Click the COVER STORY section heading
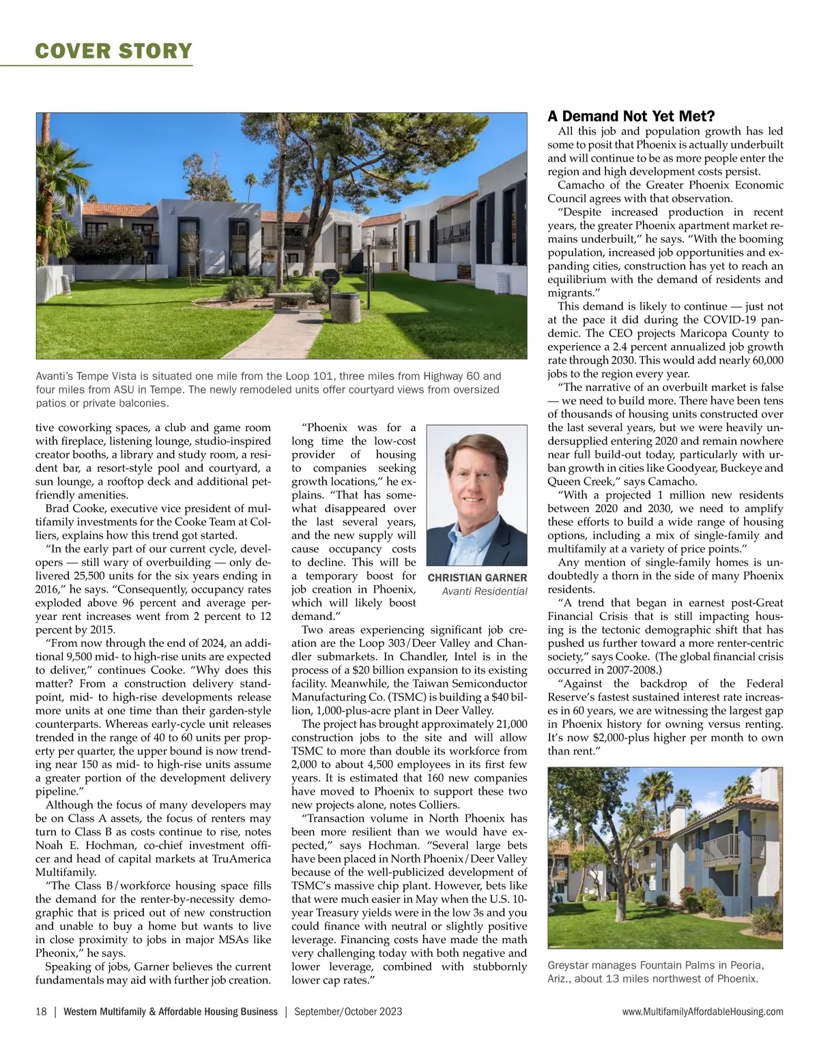coord(113,50)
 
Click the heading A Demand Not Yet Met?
coord(631,117)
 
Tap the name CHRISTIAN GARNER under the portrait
coord(477,578)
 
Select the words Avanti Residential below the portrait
coord(484,592)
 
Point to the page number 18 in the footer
coord(41,1011)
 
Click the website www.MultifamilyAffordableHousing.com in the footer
coord(702,1011)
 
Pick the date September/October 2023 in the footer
coord(348,1011)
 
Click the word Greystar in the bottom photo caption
coord(569,966)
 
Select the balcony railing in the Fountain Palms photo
coord(721,847)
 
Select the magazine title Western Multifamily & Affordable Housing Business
coord(170,1011)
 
